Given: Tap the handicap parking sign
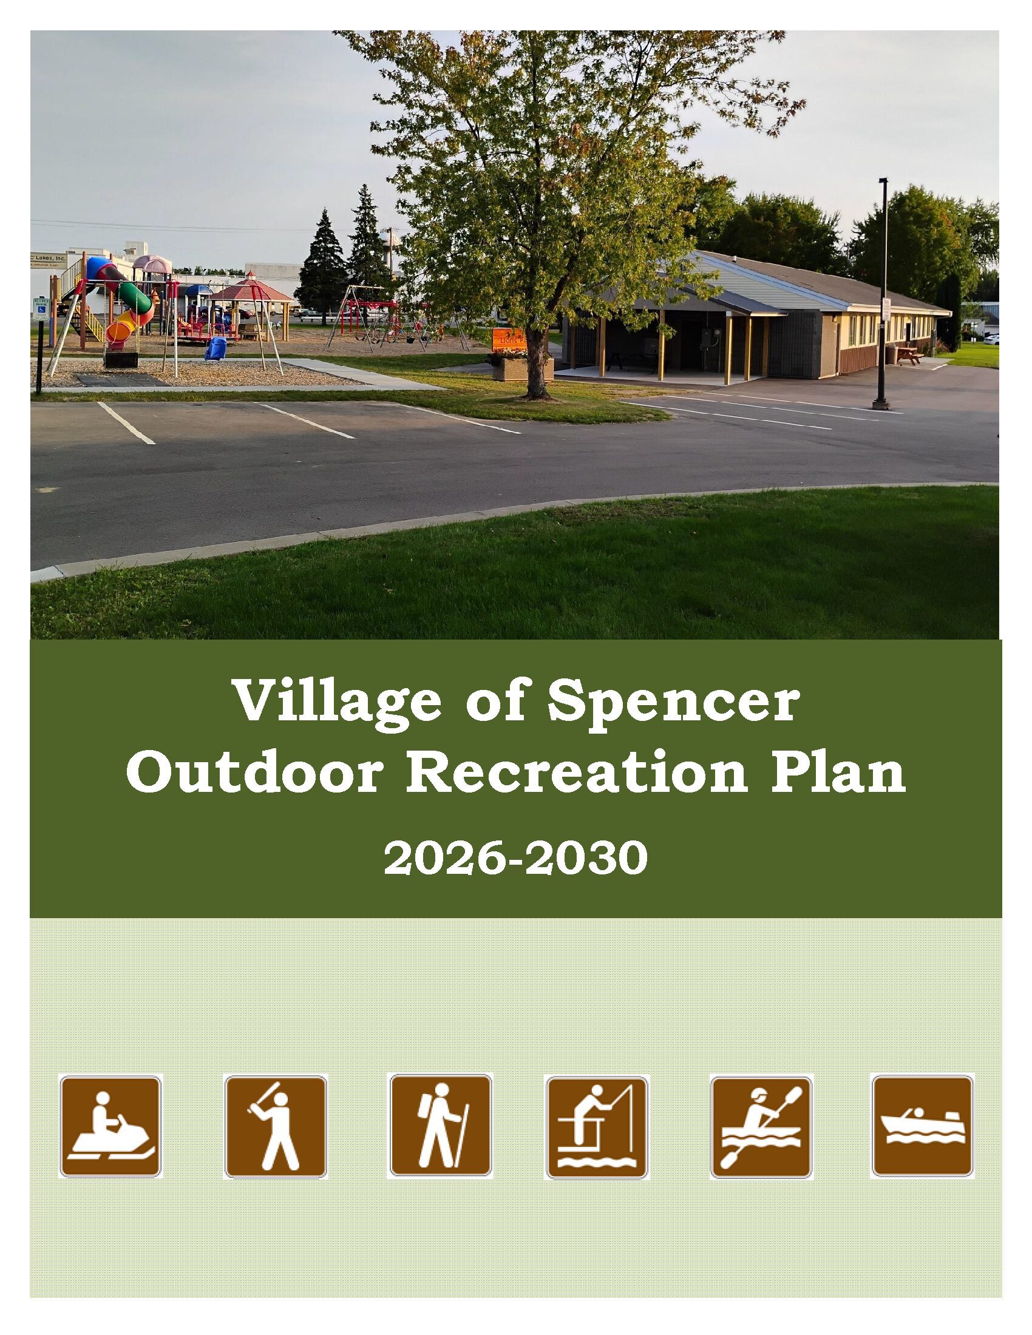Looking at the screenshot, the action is (x=39, y=309).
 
